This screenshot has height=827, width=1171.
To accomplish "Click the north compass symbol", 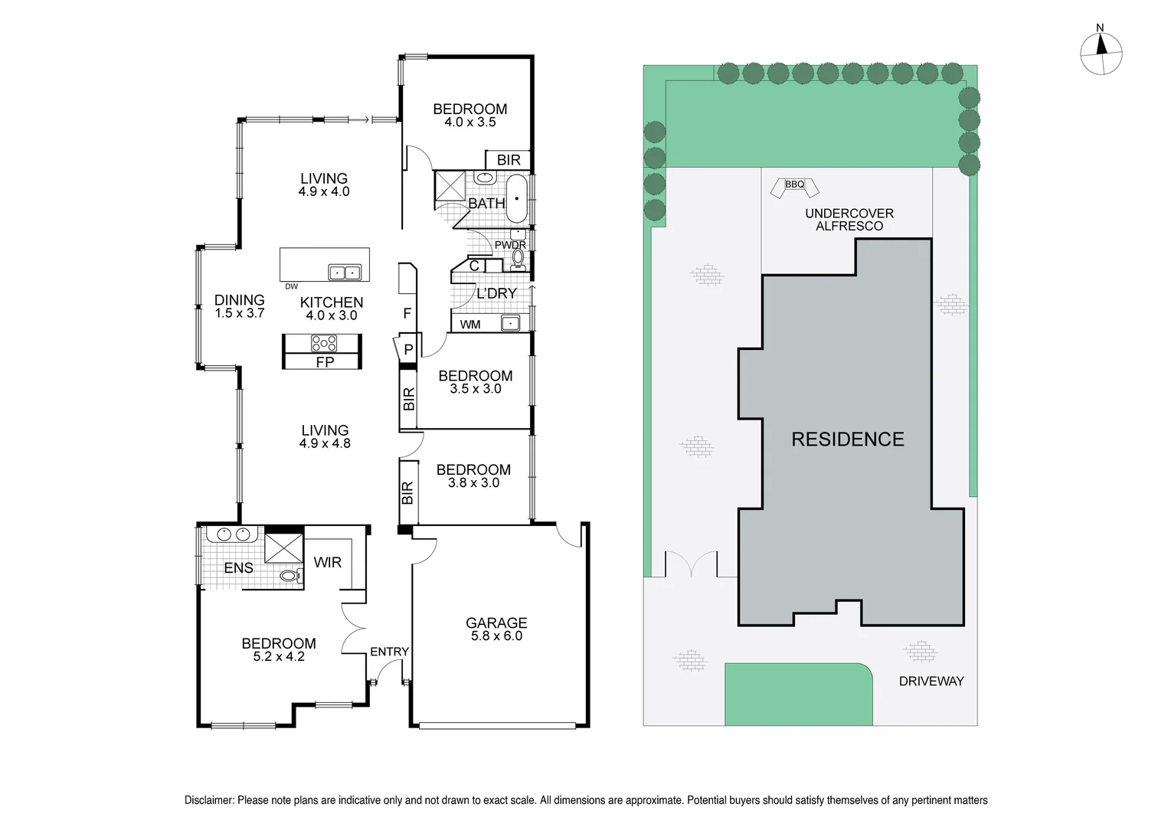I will [x=1101, y=54].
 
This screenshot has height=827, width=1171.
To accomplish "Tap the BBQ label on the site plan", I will [x=794, y=185].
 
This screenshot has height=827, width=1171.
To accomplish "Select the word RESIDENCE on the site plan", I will [x=847, y=439].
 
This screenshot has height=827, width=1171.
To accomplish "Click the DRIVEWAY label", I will [x=931, y=681].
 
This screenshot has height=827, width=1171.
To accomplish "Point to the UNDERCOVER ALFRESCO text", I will [x=849, y=220].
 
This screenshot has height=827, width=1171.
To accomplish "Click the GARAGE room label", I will [x=496, y=623].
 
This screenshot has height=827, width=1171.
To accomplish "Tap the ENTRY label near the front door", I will [x=389, y=652].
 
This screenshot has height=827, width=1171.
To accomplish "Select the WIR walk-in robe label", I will [x=327, y=562].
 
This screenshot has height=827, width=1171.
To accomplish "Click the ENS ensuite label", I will [x=238, y=567].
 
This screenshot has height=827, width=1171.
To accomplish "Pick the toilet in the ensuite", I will [x=289, y=575].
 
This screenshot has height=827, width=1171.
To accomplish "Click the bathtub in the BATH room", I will [x=518, y=197].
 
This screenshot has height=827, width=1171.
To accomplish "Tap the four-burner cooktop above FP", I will [x=323, y=343].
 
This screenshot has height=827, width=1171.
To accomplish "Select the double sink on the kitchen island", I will [x=344, y=273].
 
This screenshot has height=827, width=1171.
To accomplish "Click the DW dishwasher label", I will [x=291, y=286].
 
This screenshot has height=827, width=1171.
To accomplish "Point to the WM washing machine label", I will [x=470, y=325].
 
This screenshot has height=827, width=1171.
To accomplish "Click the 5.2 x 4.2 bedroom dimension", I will [x=279, y=656].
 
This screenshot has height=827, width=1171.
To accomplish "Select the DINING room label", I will [x=239, y=300].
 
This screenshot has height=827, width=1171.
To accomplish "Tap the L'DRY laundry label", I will [x=496, y=293].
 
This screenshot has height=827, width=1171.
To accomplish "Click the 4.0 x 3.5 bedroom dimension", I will [x=469, y=122].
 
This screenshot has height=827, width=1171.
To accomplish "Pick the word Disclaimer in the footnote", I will [x=208, y=800].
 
